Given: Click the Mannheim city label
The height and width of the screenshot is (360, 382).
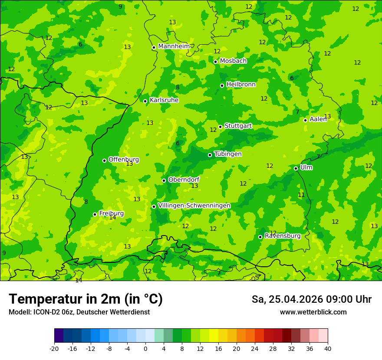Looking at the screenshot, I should pos(174,46).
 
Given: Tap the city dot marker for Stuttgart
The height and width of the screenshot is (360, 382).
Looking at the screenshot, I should pos(221,127).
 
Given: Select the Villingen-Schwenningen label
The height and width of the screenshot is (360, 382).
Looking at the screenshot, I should pos(194,206).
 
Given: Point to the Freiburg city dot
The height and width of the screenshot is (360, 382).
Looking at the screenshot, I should pos(95,214).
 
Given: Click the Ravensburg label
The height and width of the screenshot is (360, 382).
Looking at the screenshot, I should pos(282,236).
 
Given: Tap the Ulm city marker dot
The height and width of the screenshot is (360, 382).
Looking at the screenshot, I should pos(296,168).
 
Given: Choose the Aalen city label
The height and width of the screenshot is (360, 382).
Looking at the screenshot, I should pos(318,119).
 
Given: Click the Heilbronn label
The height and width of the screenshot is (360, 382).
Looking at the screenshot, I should pos(241,85).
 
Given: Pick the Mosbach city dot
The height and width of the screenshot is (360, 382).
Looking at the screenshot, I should pos(215,62).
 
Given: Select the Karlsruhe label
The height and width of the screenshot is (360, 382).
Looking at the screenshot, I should pos(164,100).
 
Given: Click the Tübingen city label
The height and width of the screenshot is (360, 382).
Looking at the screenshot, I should pos(228,154).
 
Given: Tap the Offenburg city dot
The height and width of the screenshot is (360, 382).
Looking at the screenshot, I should pos(104,160).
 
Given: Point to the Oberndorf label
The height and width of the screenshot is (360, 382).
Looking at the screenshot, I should pos(184,180).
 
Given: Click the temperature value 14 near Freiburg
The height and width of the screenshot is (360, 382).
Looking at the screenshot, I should pos(112,218).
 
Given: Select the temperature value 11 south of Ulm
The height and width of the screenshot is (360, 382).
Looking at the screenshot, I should pos(301,195).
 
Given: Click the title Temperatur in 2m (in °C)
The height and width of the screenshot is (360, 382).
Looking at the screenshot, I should pos(86,299).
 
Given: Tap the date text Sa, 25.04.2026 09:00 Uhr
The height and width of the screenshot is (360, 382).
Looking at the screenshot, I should pos(311,299).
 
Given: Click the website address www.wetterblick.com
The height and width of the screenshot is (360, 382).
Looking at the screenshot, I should pos(313,312).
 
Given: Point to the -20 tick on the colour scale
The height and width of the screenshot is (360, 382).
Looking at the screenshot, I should pos(54,349).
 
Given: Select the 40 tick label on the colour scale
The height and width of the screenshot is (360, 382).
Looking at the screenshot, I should pos(328,349).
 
